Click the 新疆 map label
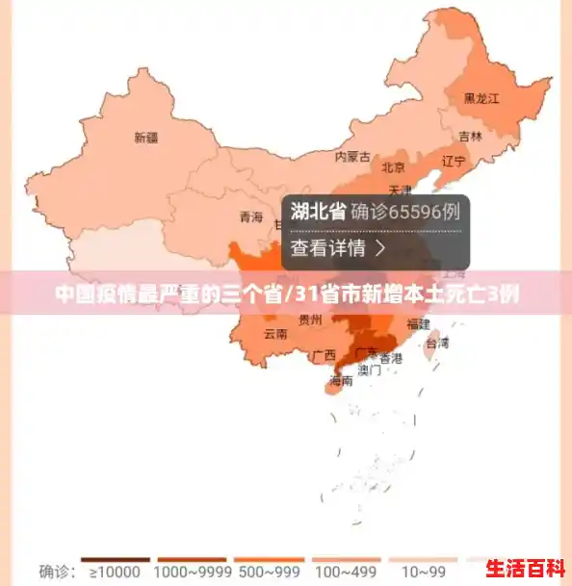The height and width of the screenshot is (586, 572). click(145, 138)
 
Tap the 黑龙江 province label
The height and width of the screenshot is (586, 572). click(481, 98)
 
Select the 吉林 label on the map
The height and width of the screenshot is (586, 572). click(470, 136)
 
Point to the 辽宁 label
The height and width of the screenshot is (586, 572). click(453, 160)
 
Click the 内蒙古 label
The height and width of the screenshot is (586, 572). click(351, 156)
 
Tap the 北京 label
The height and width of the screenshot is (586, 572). click(393, 167)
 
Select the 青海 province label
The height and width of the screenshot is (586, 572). click(250, 217)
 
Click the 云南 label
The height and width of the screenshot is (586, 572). click(274, 335)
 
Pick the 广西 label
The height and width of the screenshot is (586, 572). click(324, 355)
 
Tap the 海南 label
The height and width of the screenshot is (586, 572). click(340, 380)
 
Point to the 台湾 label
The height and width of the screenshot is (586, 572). click(437, 342)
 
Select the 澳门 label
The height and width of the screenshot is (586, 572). click(369, 369)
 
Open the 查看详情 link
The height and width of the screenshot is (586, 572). click(338, 248)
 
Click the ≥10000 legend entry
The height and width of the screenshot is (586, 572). click(115, 571)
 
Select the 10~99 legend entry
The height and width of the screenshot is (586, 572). click(425, 571)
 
